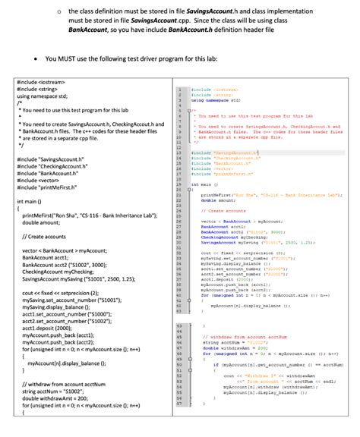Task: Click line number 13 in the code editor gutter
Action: click(x=177, y=152)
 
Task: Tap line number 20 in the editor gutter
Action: click(x=177, y=194)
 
